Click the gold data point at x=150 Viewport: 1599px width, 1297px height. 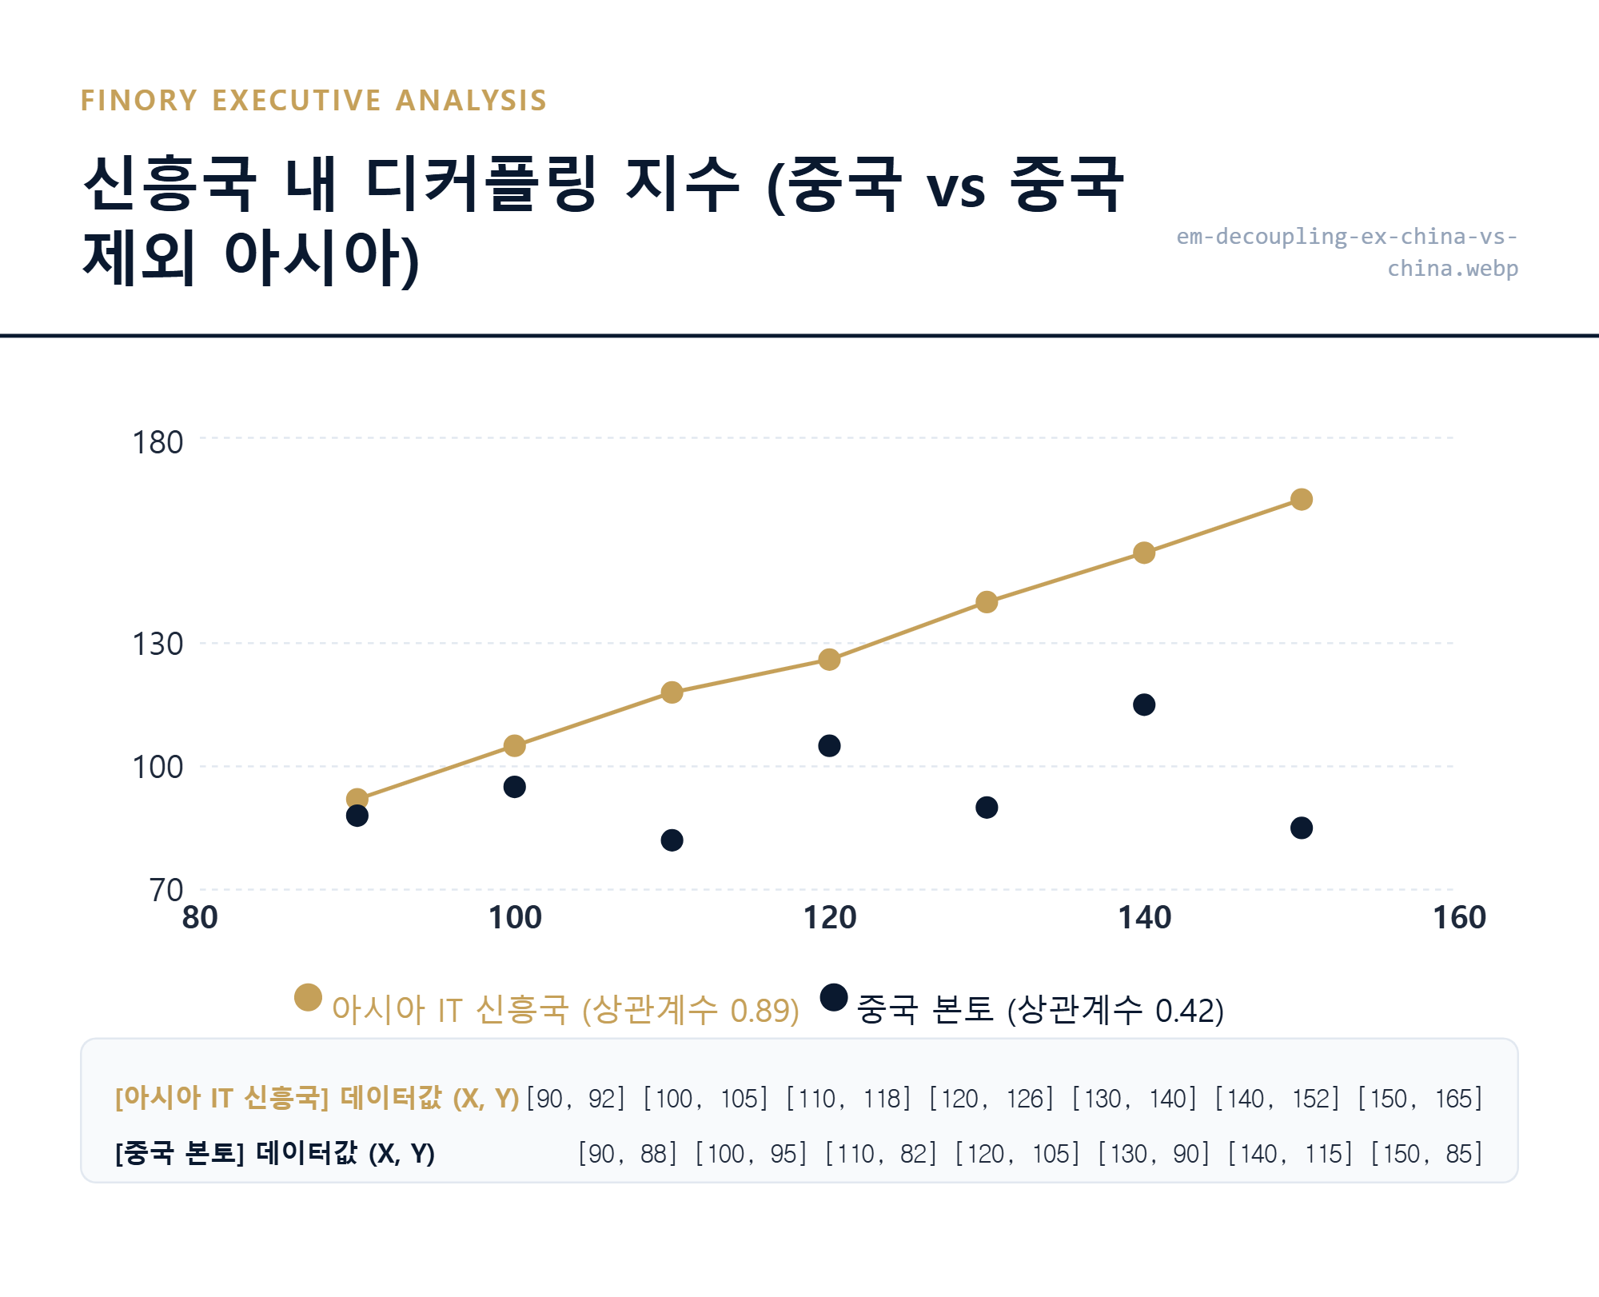click(x=1301, y=499)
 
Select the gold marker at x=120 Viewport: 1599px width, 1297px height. click(x=829, y=659)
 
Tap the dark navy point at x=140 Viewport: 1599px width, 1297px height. click(x=1144, y=704)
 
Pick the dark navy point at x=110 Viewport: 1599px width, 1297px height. click(x=672, y=840)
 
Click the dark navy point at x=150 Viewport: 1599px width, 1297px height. click(x=1301, y=828)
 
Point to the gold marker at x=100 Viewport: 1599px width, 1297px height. click(x=514, y=745)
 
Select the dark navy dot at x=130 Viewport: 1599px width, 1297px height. click(x=987, y=807)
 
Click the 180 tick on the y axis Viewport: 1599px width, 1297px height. click(x=158, y=442)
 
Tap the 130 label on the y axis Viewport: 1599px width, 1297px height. click(x=158, y=644)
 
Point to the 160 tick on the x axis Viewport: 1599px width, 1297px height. click(x=1459, y=917)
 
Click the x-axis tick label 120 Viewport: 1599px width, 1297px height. click(x=829, y=917)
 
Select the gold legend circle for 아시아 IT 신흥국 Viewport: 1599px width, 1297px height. click(x=308, y=997)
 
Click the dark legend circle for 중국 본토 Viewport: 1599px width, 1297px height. click(x=834, y=997)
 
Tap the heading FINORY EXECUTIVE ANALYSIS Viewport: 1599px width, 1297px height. click(x=313, y=101)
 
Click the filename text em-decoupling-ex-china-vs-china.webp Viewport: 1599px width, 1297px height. click(x=1347, y=252)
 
